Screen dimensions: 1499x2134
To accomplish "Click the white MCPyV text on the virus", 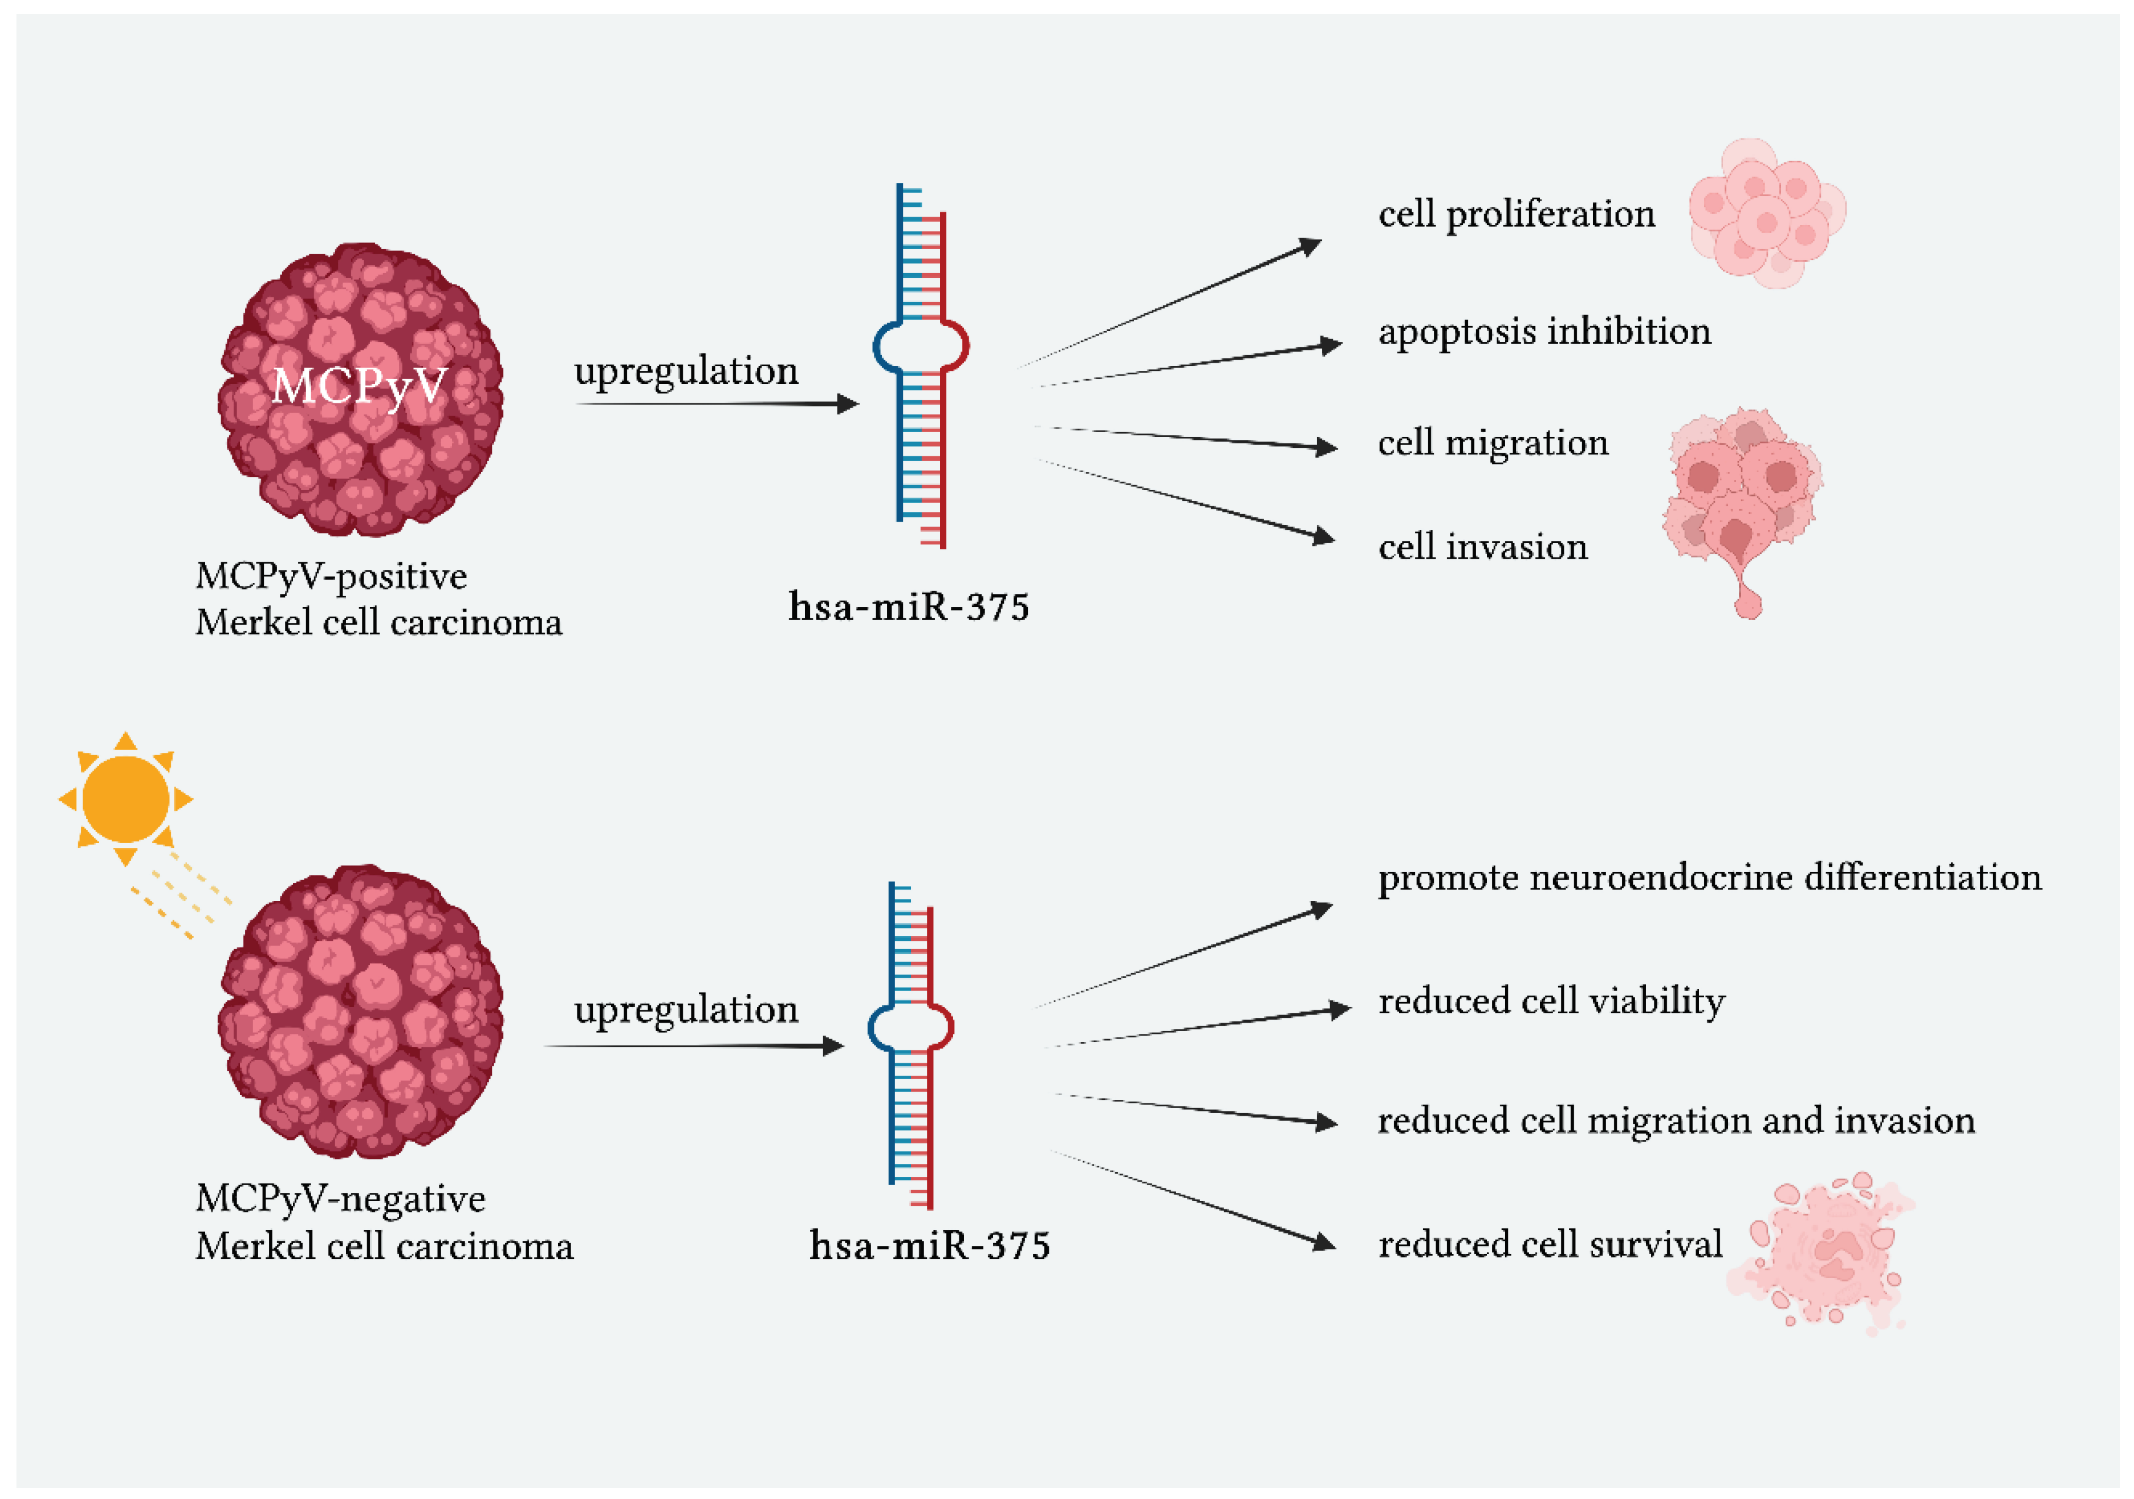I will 360,385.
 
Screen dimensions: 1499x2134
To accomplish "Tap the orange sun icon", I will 125,799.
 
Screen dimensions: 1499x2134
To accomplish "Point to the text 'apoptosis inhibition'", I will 1544,332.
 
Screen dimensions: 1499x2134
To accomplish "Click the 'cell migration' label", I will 1493,443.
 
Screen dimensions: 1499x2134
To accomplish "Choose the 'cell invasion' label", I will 1483,547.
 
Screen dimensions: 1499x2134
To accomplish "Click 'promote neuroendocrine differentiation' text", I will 1709,878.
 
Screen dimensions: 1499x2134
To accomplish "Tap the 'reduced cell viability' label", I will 1551,1001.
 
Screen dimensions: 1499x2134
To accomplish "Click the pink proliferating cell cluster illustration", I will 1766,214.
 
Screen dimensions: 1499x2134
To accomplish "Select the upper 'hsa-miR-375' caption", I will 908,607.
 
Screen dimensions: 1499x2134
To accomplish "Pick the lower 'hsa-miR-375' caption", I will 929,1246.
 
